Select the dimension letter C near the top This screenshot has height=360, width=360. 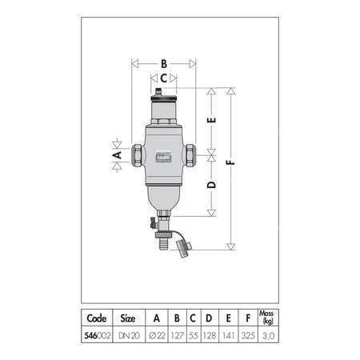point(163,78)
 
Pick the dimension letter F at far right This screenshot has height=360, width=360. point(232,162)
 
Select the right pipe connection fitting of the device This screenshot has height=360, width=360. point(190,154)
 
